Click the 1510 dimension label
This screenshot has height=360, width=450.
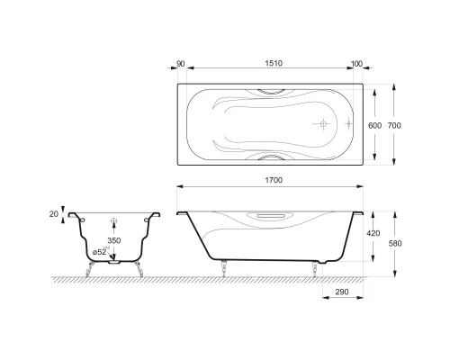(x=274, y=63)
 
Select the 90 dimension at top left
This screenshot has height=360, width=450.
(x=180, y=64)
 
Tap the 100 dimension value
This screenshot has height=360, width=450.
(x=356, y=64)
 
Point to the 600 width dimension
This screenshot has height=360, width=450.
(x=374, y=125)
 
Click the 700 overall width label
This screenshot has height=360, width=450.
(x=394, y=125)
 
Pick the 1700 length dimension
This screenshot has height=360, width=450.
(x=274, y=180)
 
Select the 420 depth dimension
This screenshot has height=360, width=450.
(x=373, y=233)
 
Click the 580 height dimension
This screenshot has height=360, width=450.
(x=395, y=243)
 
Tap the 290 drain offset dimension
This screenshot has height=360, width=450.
(x=342, y=292)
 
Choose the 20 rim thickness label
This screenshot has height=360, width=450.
(x=54, y=214)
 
